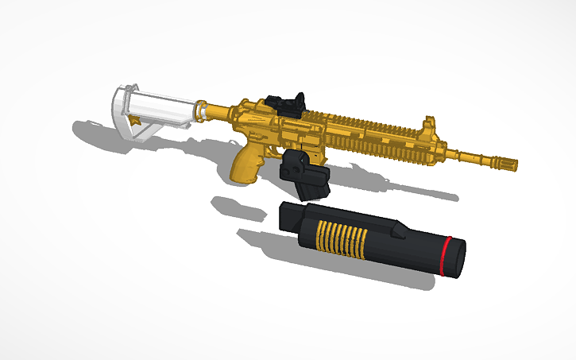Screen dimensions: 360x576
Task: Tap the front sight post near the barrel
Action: click(430, 127)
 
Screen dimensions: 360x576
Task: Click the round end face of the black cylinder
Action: click(456, 259)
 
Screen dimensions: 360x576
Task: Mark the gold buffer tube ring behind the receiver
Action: click(203, 110)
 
